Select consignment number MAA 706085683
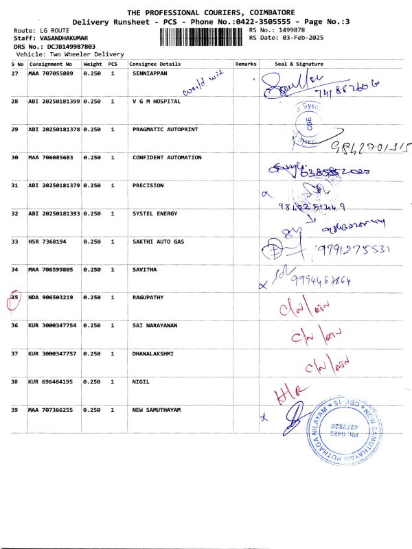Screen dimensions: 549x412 (x=52, y=157)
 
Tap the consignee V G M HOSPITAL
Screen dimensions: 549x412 (x=156, y=101)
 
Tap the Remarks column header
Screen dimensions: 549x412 (x=245, y=64)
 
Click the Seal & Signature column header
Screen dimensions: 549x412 (x=299, y=64)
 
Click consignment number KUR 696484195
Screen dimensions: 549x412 (x=52, y=382)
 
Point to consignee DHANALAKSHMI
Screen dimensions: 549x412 (x=152, y=353)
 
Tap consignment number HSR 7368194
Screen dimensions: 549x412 (x=47, y=242)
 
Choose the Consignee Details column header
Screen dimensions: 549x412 (x=155, y=64)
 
